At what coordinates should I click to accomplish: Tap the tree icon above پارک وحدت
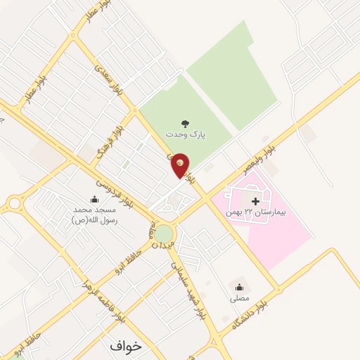coord(185,123)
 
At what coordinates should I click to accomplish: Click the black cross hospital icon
coord(255,202)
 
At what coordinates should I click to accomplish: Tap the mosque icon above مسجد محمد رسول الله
coord(95,200)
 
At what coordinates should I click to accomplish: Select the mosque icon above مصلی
coord(239,287)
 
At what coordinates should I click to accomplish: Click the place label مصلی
coord(239,298)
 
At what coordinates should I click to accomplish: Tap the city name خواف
coord(126,346)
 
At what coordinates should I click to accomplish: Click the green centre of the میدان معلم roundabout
coord(164,233)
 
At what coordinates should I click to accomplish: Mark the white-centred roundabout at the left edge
coord(13,204)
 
